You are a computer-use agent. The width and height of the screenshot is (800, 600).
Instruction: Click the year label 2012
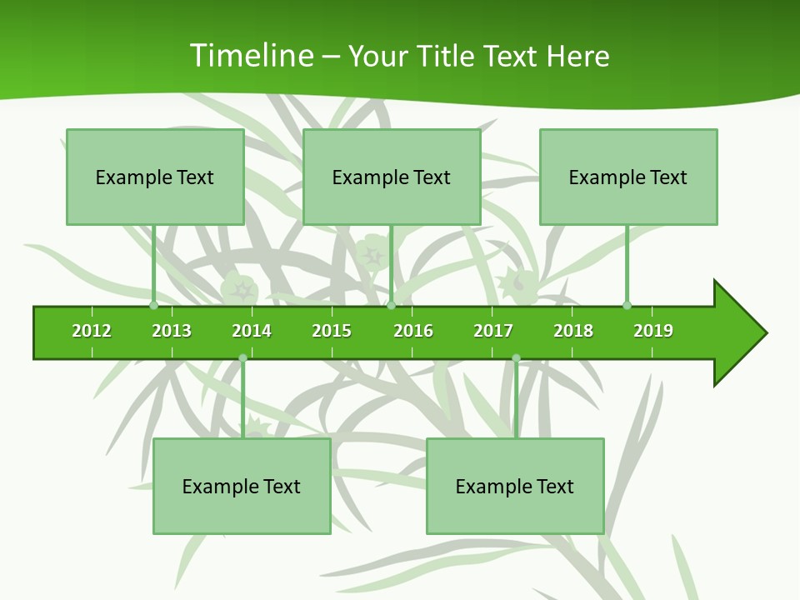pyautogui.click(x=92, y=331)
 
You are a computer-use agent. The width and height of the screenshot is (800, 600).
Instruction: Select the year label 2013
pyautogui.click(x=172, y=331)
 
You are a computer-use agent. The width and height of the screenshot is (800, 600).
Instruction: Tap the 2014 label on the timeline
pyautogui.click(x=252, y=331)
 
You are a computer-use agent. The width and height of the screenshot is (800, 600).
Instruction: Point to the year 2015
pyautogui.click(x=332, y=331)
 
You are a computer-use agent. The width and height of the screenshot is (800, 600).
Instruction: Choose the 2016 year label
pyautogui.click(x=413, y=331)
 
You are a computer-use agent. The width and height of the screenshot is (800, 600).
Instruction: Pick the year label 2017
pyautogui.click(x=493, y=331)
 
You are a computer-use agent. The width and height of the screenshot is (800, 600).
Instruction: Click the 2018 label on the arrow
pyautogui.click(x=573, y=331)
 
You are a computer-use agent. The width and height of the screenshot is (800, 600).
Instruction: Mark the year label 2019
pyautogui.click(x=653, y=331)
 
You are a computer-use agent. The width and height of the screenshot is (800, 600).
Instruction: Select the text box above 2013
pyautogui.click(x=155, y=177)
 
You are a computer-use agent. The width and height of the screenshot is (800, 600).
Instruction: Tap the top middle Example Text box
pyautogui.click(x=392, y=177)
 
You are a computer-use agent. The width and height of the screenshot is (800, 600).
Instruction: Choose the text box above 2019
pyautogui.click(x=628, y=177)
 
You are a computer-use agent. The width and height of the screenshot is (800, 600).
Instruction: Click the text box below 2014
pyautogui.click(x=242, y=486)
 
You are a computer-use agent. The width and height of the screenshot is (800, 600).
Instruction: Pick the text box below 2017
pyautogui.click(x=515, y=486)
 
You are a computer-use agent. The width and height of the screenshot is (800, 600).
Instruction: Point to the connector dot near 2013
pyautogui.click(x=153, y=305)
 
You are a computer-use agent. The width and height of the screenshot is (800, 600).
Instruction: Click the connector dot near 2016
pyautogui.click(x=391, y=305)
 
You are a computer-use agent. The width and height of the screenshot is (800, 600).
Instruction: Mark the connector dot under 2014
pyautogui.click(x=242, y=358)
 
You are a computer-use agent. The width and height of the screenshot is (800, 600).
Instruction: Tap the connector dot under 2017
pyautogui.click(x=516, y=358)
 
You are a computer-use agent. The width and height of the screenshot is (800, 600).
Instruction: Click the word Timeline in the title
pyautogui.click(x=251, y=56)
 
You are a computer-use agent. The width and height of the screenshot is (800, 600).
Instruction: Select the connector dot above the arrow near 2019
pyautogui.click(x=627, y=305)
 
